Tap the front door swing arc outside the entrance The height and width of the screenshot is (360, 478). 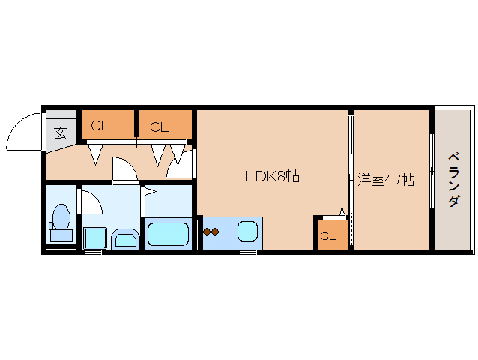coord(22,131)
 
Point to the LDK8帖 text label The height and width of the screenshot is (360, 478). coord(273,177)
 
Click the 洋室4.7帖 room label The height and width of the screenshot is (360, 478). coord(385,180)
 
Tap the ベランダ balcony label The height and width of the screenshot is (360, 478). coord(453,180)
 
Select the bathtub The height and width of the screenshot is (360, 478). coord(169,235)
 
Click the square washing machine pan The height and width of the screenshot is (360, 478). coord(94,238)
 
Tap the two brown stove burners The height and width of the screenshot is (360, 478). coord(211,232)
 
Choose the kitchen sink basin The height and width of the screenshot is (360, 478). coord(248,231)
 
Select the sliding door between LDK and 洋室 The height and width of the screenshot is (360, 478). coord(351,180)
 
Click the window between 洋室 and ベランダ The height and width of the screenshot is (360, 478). coord(431,171)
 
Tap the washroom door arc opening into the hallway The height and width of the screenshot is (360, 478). coord(124,169)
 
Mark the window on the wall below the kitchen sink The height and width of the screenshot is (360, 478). coord(248,253)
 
